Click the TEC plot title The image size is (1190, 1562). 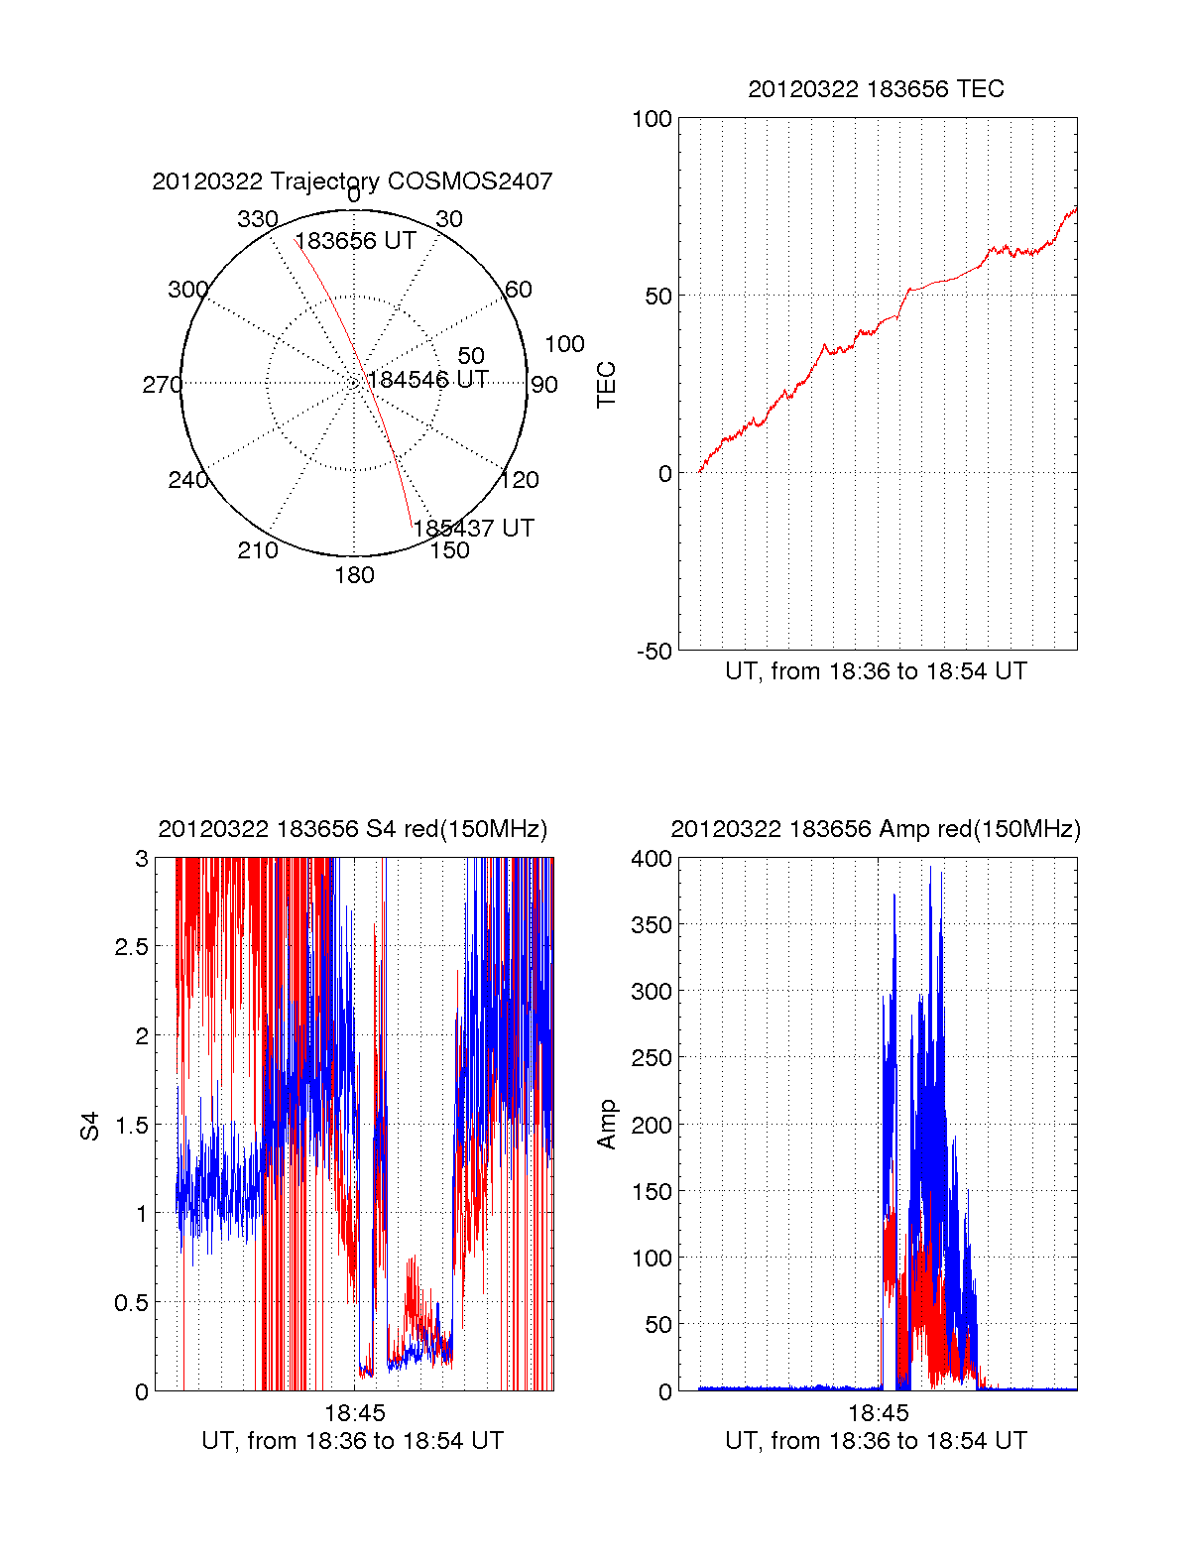pos(876,89)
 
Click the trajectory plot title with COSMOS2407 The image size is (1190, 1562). pos(352,181)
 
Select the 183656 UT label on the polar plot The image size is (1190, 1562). pos(355,241)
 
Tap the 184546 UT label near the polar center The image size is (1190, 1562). pos(427,380)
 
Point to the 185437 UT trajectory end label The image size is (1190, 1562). pos(473,528)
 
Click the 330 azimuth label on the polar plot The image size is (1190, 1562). pos(257,219)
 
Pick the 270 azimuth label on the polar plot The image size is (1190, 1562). pos(162,385)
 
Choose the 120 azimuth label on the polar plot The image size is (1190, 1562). pos(520,480)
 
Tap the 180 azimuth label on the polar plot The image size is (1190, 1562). pos(354,575)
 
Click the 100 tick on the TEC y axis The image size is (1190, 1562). pos(652,119)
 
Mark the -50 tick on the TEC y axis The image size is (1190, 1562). pos(654,652)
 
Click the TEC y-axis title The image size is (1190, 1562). pos(606,385)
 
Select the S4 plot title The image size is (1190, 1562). pos(352,829)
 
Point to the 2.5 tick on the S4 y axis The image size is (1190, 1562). pos(131,947)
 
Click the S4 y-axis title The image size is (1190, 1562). pos(90,1126)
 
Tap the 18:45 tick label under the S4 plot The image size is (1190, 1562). pos(354,1413)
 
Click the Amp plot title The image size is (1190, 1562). pos(876,829)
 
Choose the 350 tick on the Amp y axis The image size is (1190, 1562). pos(652,925)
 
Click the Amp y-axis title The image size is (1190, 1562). pos(606,1125)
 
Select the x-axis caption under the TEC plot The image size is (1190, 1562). pos(876,671)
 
